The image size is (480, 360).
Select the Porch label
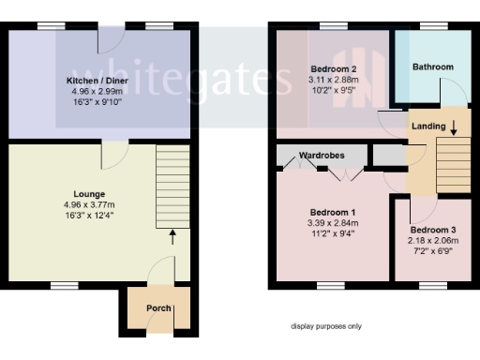(158, 308)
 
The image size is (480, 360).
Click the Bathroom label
(432, 67)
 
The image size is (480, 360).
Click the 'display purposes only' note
(325, 326)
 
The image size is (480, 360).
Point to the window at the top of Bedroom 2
(330, 27)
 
